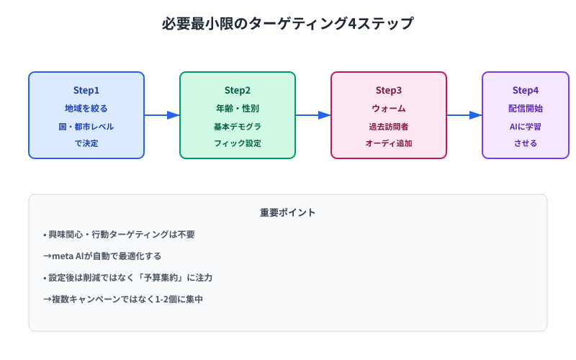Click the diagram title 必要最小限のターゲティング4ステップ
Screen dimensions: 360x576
[288, 23]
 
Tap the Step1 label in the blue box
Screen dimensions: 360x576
[86, 90]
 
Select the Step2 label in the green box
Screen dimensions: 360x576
[238, 90]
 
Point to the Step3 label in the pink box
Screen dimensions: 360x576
[389, 90]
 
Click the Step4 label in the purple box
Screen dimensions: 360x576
[526, 90]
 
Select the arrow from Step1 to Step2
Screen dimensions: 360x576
[162, 115]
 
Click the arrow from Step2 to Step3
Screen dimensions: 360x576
[313, 115]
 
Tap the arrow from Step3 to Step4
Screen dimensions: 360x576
[464, 115]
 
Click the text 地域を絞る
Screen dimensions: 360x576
[86, 108]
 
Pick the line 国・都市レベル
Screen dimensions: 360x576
[86, 126]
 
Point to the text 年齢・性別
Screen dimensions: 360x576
[238, 108]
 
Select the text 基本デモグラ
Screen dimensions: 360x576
[238, 126]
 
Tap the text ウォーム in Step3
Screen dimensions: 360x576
[389, 108]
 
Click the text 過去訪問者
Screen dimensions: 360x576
[389, 126]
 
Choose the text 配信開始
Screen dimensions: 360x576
[526, 108]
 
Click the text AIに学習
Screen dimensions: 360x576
[526, 126]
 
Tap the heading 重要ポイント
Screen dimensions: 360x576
[288, 212]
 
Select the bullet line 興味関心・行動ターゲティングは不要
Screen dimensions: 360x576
[119, 234]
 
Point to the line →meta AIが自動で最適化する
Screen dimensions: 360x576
[102, 256]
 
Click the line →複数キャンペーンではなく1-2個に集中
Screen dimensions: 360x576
[123, 299]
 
